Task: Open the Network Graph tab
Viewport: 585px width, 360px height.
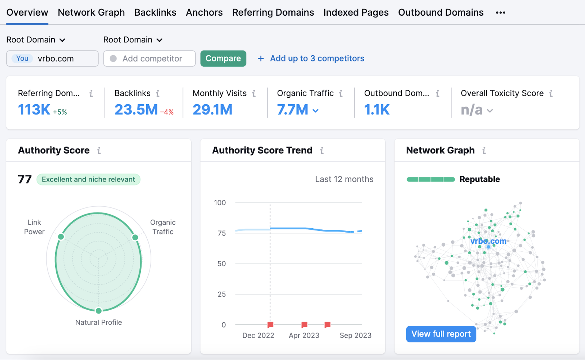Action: pyautogui.click(x=91, y=12)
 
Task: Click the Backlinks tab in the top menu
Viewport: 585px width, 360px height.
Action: pyautogui.click(x=155, y=12)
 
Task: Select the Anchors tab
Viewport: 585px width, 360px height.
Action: pyautogui.click(x=204, y=12)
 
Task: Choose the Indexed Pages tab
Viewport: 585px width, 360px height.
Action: pyautogui.click(x=356, y=12)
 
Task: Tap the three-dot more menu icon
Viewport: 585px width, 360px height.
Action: pyautogui.click(x=500, y=12)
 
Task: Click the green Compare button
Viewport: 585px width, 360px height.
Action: pyautogui.click(x=223, y=59)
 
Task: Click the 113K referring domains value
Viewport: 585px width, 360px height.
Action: pyautogui.click(x=34, y=110)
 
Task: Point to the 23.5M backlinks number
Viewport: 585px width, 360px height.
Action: pyautogui.click(x=136, y=110)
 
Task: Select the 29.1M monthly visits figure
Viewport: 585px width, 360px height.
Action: pyautogui.click(x=212, y=110)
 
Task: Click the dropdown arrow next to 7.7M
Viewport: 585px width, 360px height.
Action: pyautogui.click(x=316, y=110)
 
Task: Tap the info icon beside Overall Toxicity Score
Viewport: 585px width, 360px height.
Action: pyautogui.click(x=551, y=94)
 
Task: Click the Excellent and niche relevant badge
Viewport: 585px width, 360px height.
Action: pyautogui.click(x=88, y=179)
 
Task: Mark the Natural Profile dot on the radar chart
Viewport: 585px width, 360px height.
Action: pyautogui.click(x=99, y=311)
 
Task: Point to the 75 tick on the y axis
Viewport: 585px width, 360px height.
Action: pyautogui.click(x=222, y=233)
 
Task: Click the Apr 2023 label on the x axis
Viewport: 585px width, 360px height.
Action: pyautogui.click(x=304, y=335)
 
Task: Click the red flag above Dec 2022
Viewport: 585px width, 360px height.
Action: pyautogui.click(x=271, y=325)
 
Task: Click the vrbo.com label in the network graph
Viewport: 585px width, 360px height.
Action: pyautogui.click(x=488, y=241)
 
